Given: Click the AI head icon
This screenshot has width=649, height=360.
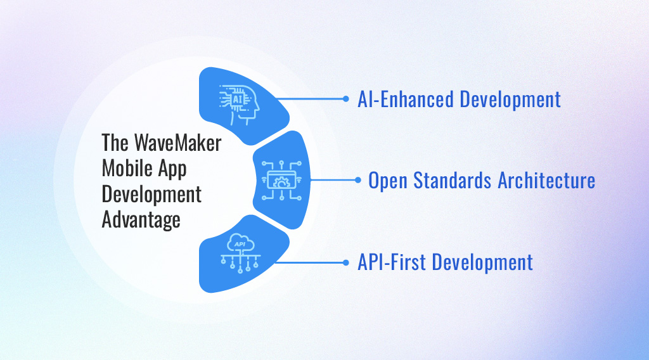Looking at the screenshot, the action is click(239, 105).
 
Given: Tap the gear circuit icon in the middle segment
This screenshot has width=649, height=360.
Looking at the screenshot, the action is click(281, 181).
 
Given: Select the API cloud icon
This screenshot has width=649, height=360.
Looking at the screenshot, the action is click(240, 254).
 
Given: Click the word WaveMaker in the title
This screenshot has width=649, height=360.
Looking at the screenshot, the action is click(178, 143).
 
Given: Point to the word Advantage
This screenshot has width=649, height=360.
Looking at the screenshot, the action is click(141, 220).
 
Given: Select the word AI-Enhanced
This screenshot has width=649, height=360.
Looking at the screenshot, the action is click(406, 100).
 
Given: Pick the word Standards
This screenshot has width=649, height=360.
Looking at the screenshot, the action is click(453, 181).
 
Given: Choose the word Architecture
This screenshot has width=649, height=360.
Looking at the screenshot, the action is click(546, 181).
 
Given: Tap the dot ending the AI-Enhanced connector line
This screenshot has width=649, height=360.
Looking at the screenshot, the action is click(346, 98).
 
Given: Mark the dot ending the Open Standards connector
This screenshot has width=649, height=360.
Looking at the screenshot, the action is click(358, 180).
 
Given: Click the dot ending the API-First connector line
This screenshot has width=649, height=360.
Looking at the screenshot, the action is click(346, 262).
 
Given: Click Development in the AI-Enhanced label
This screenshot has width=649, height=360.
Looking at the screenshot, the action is click(510, 100).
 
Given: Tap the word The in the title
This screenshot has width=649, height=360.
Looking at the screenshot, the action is click(115, 143).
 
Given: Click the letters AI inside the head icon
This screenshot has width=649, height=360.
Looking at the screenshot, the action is click(238, 100).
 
